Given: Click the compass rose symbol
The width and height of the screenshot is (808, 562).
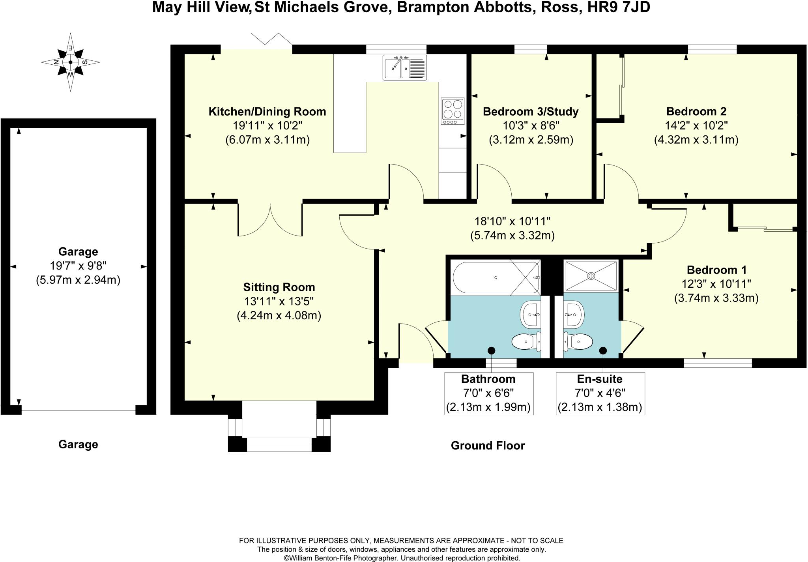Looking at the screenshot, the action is (x=71, y=62).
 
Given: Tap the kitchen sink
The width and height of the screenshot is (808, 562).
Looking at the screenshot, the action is (x=405, y=67).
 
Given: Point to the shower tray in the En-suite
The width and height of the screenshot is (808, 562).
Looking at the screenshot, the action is (x=591, y=276).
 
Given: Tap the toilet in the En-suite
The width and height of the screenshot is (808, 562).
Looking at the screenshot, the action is (x=578, y=341).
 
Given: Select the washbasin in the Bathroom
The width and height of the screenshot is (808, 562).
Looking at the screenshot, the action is (x=531, y=315).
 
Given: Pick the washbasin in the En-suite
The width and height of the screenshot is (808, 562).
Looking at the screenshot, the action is (x=573, y=315).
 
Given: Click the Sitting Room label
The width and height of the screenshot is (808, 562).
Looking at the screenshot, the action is (x=279, y=287).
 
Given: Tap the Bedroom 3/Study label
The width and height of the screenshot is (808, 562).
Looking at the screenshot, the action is (x=531, y=112).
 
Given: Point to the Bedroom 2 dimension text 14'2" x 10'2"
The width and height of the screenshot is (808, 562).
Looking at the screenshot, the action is (x=696, y=126).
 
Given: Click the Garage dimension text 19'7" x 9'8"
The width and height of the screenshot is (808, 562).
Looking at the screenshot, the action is (x=78, y=266).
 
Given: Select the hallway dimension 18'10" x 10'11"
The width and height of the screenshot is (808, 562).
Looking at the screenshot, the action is (x=512, y=221).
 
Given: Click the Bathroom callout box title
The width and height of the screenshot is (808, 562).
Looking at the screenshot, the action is (x=488, y=379).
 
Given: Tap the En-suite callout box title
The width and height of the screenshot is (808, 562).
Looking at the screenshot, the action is (x=600, y=379).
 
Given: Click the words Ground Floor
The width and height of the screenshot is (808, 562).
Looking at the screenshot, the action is (x=488, y=446).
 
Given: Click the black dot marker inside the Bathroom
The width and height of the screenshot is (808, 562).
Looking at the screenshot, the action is (x=491, y=350).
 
